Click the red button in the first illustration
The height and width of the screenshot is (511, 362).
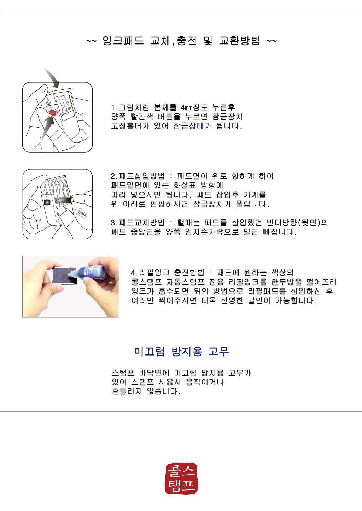[x=53, y=112]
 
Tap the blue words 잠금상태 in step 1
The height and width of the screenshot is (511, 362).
[x=188, y=126]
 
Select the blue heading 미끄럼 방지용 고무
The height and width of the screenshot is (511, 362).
[x=181, y=352]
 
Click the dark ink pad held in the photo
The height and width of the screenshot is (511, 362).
[x=65, y=276]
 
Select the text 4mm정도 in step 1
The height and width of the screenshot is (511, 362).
[x=194, y=107]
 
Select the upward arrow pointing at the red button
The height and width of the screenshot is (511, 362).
[x=47, y=129]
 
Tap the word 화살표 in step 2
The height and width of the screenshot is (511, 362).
[x=185, y=185]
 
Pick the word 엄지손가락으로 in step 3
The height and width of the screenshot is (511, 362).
[x=212, y=232]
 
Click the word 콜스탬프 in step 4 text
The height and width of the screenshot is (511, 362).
[x=146, y=282]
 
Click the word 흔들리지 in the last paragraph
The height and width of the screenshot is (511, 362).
[x=127, y=391]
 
